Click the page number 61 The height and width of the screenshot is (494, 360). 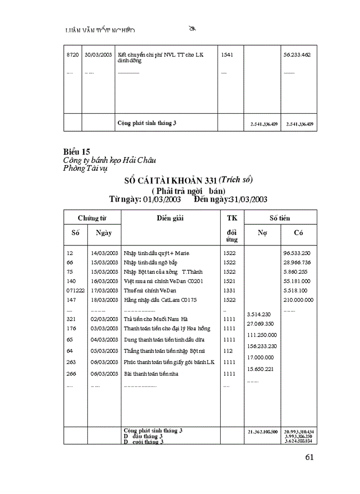pyautogui.click(x=309, y=457)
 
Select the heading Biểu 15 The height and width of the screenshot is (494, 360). pyautogui.click(x=77, y=152)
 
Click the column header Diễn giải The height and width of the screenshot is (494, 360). pyautogui.click(x=170, y=218)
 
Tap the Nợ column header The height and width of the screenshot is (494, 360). pyautogui.click(x=262, y=233)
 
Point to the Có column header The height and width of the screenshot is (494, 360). pyautogui.click(x=298, y=233)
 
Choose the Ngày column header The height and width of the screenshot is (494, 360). pyautogui.click(x=104, y=233)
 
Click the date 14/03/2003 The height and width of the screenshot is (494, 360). pyautogui.click(x=104, y=253)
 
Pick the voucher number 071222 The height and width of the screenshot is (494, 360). pyautogui.click(x=75, y=291)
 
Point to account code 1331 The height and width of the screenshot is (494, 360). pyautogui.click(x=229, y=291)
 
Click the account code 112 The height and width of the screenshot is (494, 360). pyautogui.click(x=228, y=351)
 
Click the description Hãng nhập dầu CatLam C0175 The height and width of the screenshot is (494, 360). pyautogui.click(x=160, y=300)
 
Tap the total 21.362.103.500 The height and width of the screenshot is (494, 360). pyautogui.click(x=262, y=431)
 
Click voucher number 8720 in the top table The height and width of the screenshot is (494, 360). pyautogui.click(x=73, y=55)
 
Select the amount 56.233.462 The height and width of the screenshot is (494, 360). pyautogui.click(x=297, y=55)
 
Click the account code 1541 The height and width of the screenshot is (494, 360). pyautogui.click(x=227, y=55)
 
